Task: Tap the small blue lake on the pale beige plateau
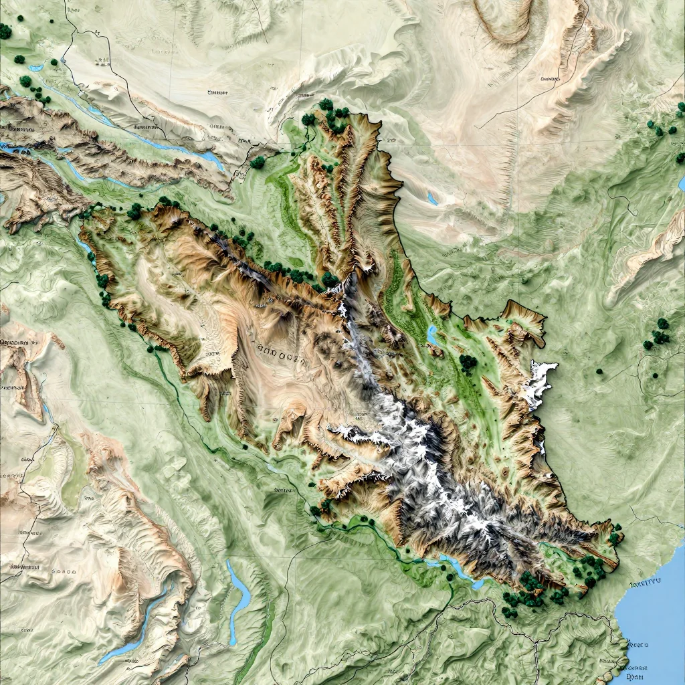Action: [433, 199]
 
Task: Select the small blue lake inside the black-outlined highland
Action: [432, 334]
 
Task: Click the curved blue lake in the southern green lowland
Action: [239, 589]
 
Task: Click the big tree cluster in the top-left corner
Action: [6, 31]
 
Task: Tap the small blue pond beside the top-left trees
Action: [35, 68]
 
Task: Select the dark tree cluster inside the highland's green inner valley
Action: [468, 363]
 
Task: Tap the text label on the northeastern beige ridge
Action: [549, 79]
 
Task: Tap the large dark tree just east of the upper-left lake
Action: [258, 162]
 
